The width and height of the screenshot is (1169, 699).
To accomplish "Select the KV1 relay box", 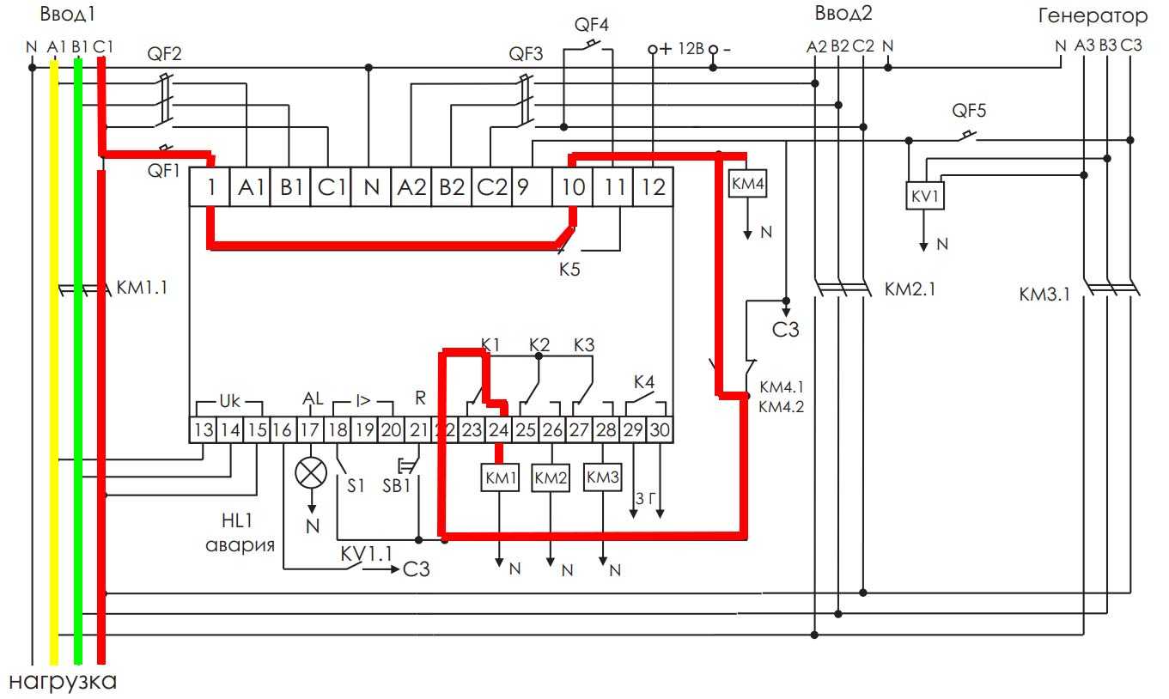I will click(924, 197).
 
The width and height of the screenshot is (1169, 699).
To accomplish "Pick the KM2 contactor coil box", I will click(551, 478).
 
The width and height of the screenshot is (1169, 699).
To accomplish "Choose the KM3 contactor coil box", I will click(603, 477).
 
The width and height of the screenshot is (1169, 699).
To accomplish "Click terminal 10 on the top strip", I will click(573, 186).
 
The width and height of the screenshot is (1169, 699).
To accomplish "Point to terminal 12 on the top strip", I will click(653, 186).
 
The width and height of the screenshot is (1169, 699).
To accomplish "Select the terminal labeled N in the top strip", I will click(371, 186).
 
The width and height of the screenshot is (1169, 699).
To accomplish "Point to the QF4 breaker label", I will click(591, 24).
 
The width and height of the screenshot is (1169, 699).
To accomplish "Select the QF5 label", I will click(970, 111).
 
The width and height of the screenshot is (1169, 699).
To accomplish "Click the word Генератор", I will click(1093, 15).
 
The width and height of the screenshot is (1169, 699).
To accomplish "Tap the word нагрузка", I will click(62, 683).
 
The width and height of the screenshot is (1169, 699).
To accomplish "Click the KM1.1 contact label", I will click(141, 288).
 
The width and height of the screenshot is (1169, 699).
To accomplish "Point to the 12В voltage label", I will click(690, 49).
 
